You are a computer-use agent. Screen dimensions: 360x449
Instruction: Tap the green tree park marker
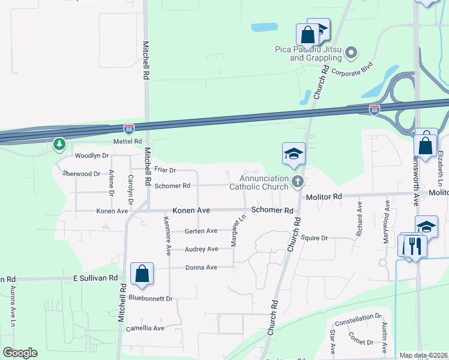[x=59, y=144]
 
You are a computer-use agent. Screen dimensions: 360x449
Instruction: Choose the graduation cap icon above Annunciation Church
[x=294, y=154]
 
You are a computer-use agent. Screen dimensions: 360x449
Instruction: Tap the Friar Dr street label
[x=164, y=170]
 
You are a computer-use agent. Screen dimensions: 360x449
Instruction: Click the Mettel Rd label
[x=127, y=142]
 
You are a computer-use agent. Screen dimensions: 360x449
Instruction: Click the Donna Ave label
[x=201, y=268]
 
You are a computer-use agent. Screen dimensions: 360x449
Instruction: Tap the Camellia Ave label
[x=145, y=328]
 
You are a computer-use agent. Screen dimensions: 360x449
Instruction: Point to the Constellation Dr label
[x=358, y=325]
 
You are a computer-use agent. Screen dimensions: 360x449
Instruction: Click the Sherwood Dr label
[x=81, y=173]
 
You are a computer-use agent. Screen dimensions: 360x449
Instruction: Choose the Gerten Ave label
[x=200, y=231]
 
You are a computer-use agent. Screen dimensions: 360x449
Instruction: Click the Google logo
[x=20, y=353]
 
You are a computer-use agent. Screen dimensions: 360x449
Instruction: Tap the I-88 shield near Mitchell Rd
[x=129, y=128]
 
